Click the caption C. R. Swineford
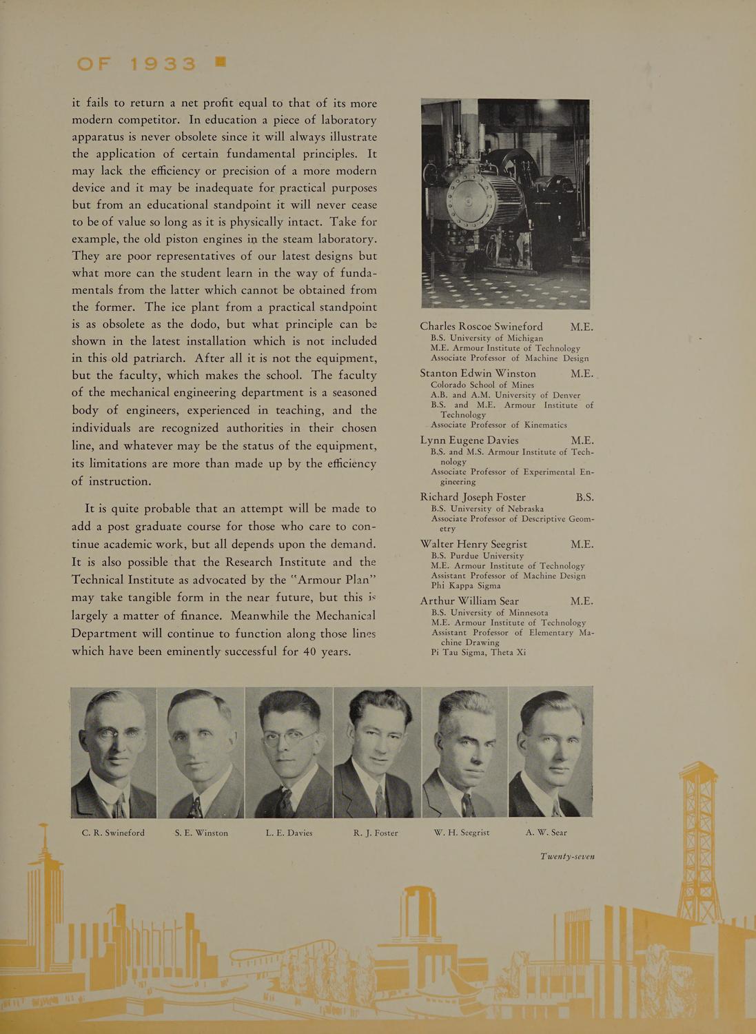click(113, 833)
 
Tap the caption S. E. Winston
click(201, 833)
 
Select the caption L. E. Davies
click(289, 833)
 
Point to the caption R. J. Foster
click(376, 833)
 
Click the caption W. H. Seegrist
click(462, 833)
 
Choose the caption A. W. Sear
click(546, 833)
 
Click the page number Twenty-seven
click(567, 857)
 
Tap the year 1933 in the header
click(163, 64)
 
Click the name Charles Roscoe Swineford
click(481, 327)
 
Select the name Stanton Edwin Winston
click(478, 374)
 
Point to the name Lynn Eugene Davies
click(469, 440)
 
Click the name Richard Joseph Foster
click(473, 497)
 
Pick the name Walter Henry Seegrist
click(473, 544)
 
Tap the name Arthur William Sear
click(469, 601)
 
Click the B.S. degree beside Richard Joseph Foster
click(584, 497)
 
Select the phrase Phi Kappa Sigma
click(466, 585)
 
